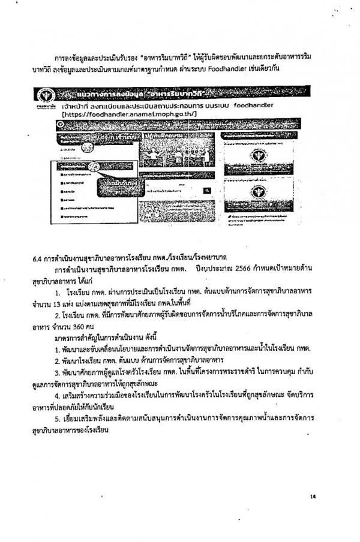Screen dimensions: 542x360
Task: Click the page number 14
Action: [313, 496]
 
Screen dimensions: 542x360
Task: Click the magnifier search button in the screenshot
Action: [207, 191]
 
